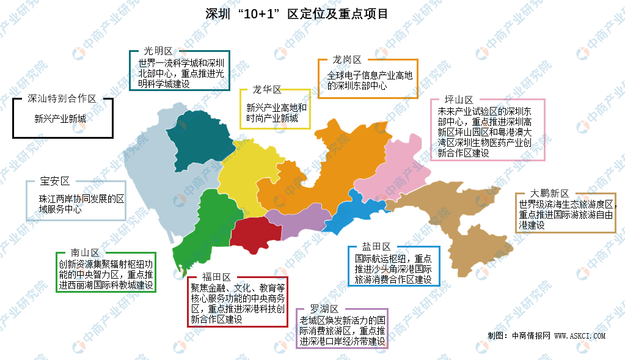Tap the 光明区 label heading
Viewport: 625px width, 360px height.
(158, 51)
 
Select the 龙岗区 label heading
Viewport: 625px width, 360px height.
(347, 59)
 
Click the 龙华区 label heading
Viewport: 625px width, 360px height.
(267, 90)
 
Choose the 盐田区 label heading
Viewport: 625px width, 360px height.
(376, 246)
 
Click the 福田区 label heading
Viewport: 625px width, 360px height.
(217, 277)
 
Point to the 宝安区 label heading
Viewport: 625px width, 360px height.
(55, 181)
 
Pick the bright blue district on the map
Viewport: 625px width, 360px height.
(354, 211)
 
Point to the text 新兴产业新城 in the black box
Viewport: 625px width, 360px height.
(60, 119)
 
